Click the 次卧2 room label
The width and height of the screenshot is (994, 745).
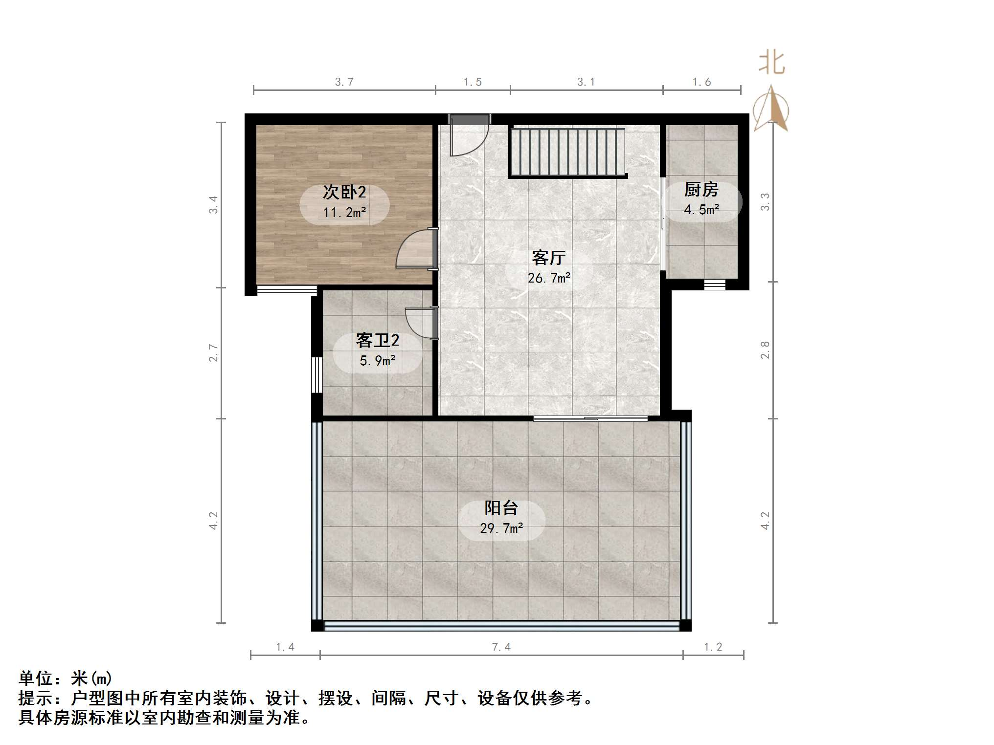click(344, 192)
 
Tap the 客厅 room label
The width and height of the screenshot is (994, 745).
click(548, 257)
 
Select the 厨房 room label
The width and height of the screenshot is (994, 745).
click(701, 189)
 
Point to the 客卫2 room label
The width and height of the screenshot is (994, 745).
click(377, 340)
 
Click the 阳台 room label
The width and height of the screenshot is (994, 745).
click(501, 508)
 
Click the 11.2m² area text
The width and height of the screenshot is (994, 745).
click(344, 213)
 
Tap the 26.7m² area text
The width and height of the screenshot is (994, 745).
click(549, 278)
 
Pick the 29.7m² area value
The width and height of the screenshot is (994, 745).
click(501, 528)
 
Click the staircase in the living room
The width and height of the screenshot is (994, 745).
click(567, 152)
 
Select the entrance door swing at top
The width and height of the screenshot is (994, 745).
click(469, 137)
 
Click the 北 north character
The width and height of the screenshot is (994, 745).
click(771, 64)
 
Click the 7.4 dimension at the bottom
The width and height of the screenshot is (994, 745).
click(501, 647)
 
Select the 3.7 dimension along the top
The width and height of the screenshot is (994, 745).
click(344, 82)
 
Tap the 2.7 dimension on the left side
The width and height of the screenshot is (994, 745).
click(213, 352)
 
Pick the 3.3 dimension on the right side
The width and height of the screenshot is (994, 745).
click(765, 201)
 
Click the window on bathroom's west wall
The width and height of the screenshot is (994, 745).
click(316, 374)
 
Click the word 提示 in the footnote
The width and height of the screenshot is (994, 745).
click(35, 698)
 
